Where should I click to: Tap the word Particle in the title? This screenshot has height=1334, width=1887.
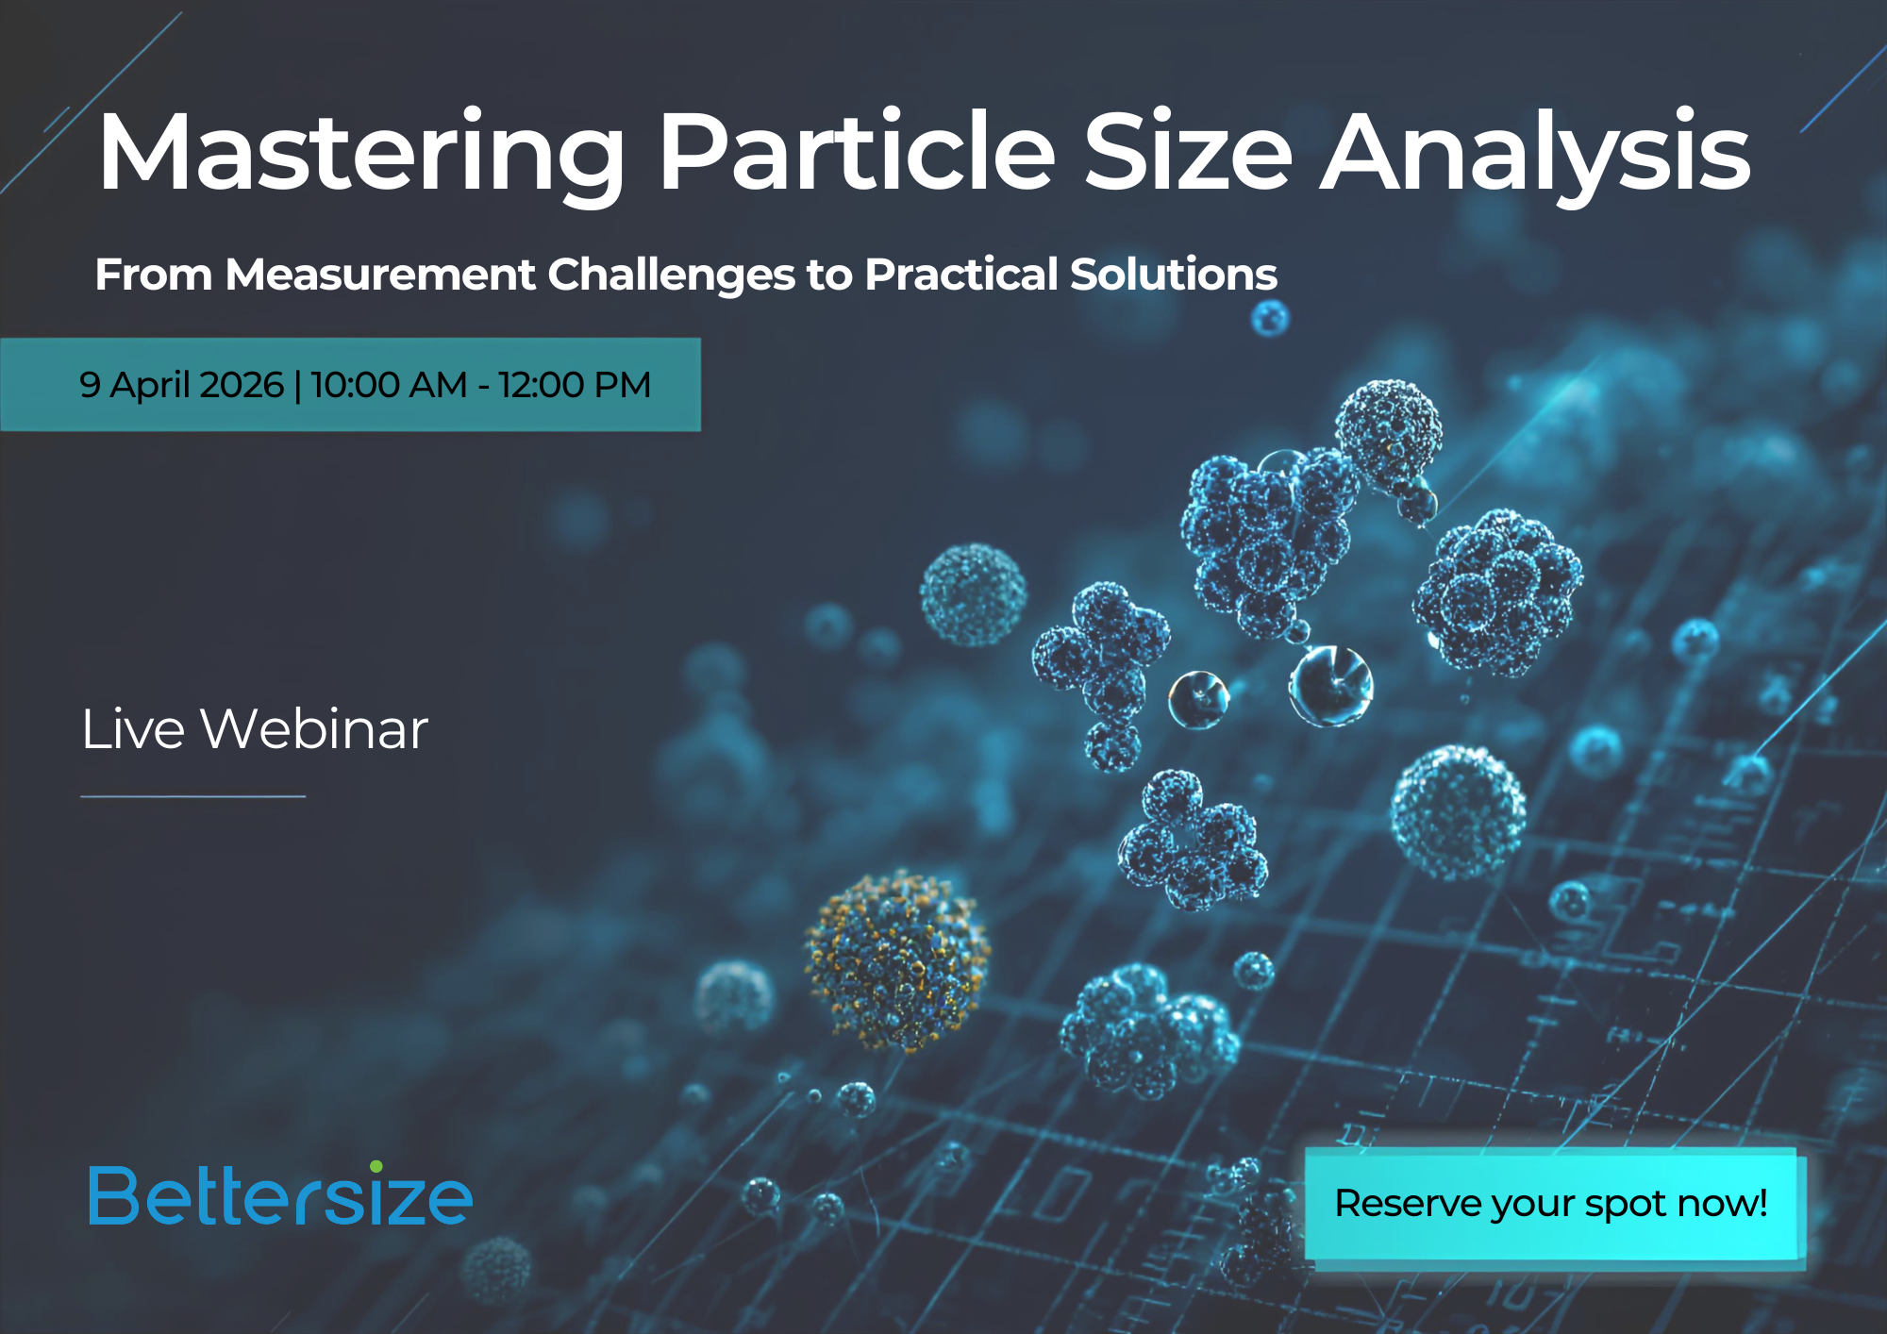pos(857,151)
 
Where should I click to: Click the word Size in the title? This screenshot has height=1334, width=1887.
pos(1188,151)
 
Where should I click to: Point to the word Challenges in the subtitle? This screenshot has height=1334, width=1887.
pos(671,275)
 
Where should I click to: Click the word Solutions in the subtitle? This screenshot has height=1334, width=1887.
pos(1174,275)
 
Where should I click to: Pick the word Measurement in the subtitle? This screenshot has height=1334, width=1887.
pos(380,275)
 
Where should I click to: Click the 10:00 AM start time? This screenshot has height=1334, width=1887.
pos(389,385)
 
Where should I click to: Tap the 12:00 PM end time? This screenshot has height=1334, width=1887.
pos(575,385)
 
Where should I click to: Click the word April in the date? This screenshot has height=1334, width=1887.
pos(150,386)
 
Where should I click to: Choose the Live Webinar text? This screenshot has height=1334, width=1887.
pos(255,729)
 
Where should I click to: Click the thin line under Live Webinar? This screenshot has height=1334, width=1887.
pos(193,796)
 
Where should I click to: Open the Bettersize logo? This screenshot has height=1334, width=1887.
pos(280,1194)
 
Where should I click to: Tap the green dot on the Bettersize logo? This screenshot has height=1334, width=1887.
pos(376,1167)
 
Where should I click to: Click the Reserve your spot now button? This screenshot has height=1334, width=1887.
pos(1551,1204)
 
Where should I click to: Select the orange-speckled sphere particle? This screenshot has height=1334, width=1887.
pos(896,959)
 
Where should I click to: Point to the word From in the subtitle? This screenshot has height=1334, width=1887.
pos(154,275)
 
